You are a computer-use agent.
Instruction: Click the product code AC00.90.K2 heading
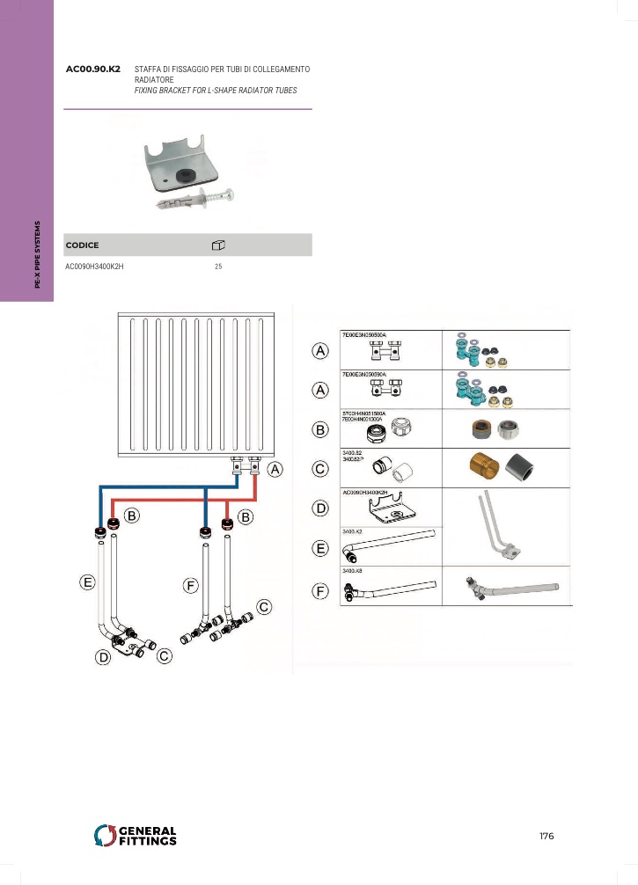click(x=93, y=68)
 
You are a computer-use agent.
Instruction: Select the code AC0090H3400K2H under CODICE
click(x=94, y=267)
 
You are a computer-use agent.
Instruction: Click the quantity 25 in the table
click(x=218, y=267)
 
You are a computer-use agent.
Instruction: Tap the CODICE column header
click(x=83, y=245)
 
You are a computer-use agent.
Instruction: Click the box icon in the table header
click(x=219, y=245)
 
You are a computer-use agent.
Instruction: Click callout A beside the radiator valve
click(x=275, y=470)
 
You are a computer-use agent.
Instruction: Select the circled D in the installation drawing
click(x=105, y=656)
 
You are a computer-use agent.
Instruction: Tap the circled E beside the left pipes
click(x=87, y=581)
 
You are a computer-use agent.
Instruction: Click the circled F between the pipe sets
click(x=191, y=585)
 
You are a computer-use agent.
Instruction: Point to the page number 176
click(x=546, y=836)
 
